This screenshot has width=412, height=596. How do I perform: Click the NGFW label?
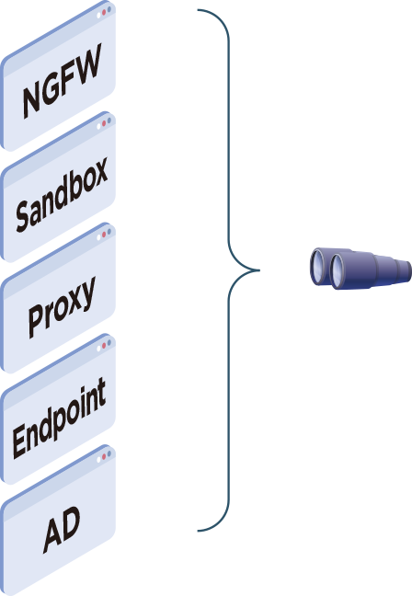(x=63, y=86)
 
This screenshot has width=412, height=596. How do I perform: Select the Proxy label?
(x=62, y=307)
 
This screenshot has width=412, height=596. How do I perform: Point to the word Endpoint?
(x=60, y=418)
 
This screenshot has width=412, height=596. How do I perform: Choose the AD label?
(x=62, y=530)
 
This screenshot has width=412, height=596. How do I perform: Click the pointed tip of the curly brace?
(x=258, y=270)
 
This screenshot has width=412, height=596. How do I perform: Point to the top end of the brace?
(x=198, y=11)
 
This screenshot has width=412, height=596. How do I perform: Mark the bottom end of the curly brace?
(x=198, y=531)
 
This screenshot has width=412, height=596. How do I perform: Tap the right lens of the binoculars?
(x=338, y=270)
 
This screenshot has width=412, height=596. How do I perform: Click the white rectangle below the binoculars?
(x=375, y=460)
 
